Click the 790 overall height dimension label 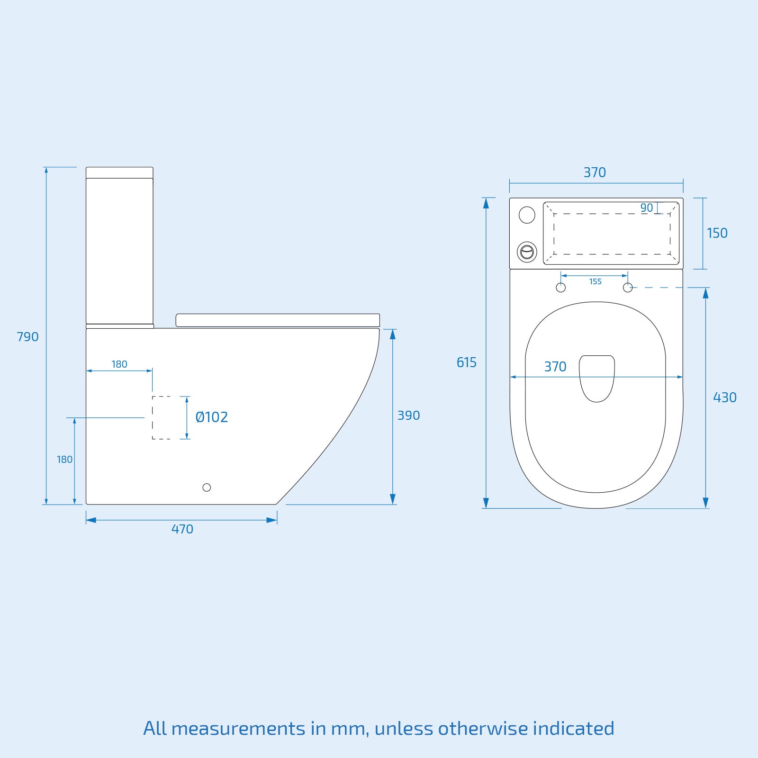coord(27,337)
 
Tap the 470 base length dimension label coord(182,529)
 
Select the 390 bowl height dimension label coord(408,415)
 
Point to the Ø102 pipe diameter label coord(212,417)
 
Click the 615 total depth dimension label coord(466,362)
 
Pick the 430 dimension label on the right coord(724,397)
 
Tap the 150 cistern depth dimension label coord(717,233)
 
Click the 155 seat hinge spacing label coord(595,281)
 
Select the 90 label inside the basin coord(646,208)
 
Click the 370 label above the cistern coord(595,172)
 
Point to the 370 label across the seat coord(555,367)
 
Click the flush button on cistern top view coord(527,252)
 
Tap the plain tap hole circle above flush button coord(527,215)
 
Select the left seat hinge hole coord(560,288)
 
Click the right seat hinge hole coord(628,288)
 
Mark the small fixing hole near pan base coord(207,487)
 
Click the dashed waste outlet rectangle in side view coord(162,417)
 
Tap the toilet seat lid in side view coord(278,320)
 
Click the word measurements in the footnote coord(238,728)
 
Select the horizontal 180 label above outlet coord(119,364)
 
